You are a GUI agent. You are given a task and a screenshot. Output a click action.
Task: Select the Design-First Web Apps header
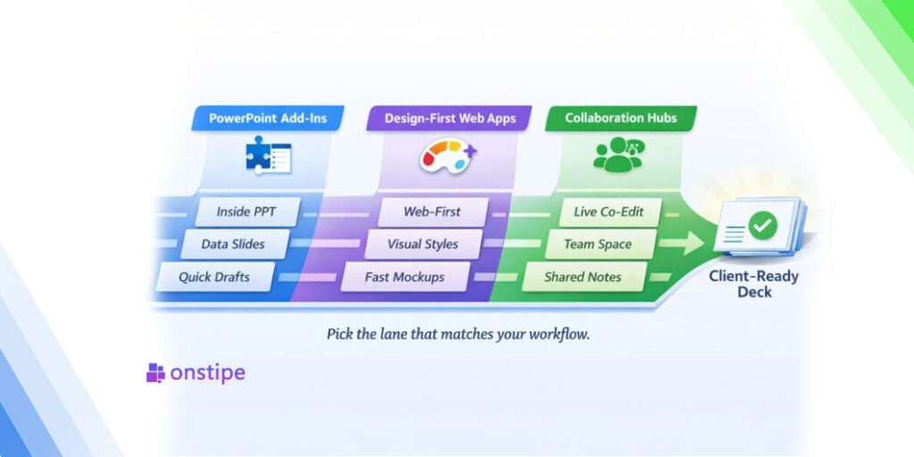[450, 118]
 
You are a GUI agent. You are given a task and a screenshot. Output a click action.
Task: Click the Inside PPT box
[246, 212]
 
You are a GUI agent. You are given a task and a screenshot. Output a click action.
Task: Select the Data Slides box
[234, 244]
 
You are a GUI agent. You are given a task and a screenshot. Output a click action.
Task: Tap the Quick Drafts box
[214, 277]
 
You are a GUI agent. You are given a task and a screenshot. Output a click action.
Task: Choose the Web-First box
[433, 212]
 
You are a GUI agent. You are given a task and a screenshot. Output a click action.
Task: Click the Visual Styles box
[422, 244]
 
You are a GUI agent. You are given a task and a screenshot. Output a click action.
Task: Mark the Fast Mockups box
[404, 277]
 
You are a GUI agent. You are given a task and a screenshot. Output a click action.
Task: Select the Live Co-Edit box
[609, 212]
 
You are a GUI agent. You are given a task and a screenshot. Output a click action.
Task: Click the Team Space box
[597, 244]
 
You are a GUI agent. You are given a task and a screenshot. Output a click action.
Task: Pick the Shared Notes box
[583, 277]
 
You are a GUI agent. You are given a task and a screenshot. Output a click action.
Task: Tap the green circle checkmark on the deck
[762, 225]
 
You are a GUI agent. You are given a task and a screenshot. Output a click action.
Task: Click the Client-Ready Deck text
[753, 284]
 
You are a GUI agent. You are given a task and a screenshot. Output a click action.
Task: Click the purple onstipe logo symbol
[156, 373]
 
